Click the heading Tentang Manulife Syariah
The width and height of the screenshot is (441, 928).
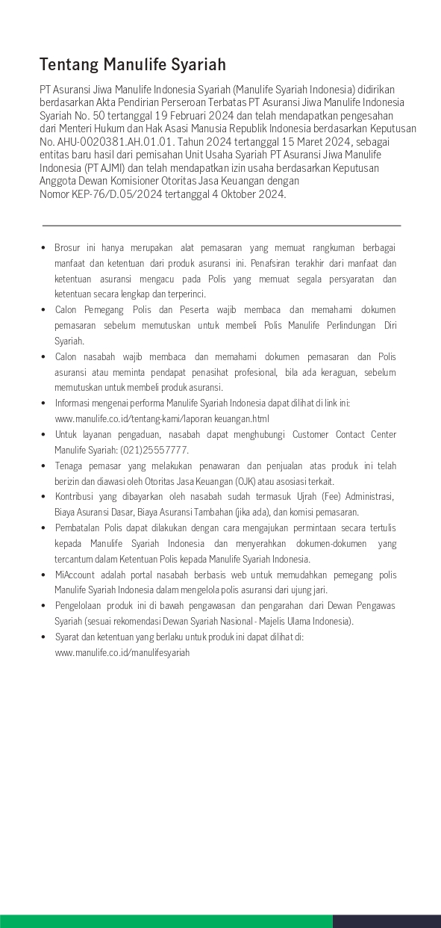point(133,64)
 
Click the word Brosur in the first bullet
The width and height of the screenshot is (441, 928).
point(68,247)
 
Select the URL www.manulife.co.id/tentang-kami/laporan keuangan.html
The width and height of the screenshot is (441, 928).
point(162,418)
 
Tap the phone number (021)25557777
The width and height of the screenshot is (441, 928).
point(159,450)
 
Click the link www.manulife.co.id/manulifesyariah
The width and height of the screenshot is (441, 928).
point(122,652)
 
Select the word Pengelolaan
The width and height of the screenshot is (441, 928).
point(80,605)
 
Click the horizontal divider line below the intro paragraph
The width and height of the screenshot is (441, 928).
point(222,225)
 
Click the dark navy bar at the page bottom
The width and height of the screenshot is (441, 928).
point(387,921)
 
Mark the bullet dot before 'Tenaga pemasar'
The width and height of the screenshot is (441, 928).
point(44,465)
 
